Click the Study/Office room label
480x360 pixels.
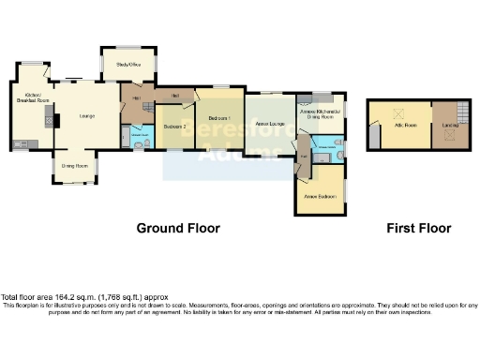pyautogui.click(x=127, y=65)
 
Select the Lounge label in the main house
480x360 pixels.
pyautogui.click(x=86, y=115)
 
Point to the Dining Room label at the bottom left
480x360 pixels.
pyautogui.click(x=75, y=166)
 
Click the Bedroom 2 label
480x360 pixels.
pyautogui.click(x=174, y=125)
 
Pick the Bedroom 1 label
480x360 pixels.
pyautogui.click(x=218, y=118)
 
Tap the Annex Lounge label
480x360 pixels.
pyautogui.click(x=270, y=123)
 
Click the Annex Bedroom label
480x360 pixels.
pyautogui.click(x=318, y=196)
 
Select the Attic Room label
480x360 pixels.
pyautogui.click(x=405, y=123)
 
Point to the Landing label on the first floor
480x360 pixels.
pyautogui.click(x=448, y=123)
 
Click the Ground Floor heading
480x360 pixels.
pyautogui.click(x=178, y=228)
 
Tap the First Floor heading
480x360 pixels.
pyautogui.click(x=419, y=228)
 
